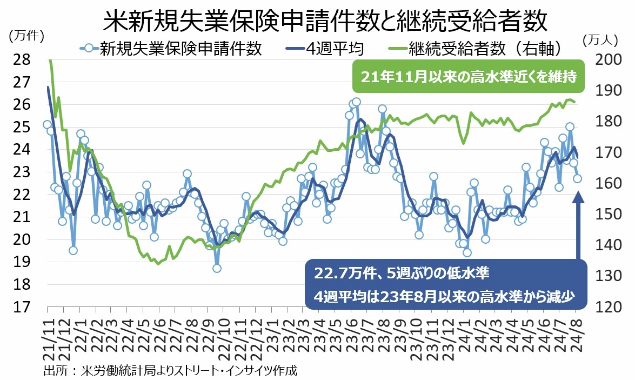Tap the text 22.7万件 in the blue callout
point(338,274)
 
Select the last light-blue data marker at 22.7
point(578,178)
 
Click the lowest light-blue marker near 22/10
point(217,268)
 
